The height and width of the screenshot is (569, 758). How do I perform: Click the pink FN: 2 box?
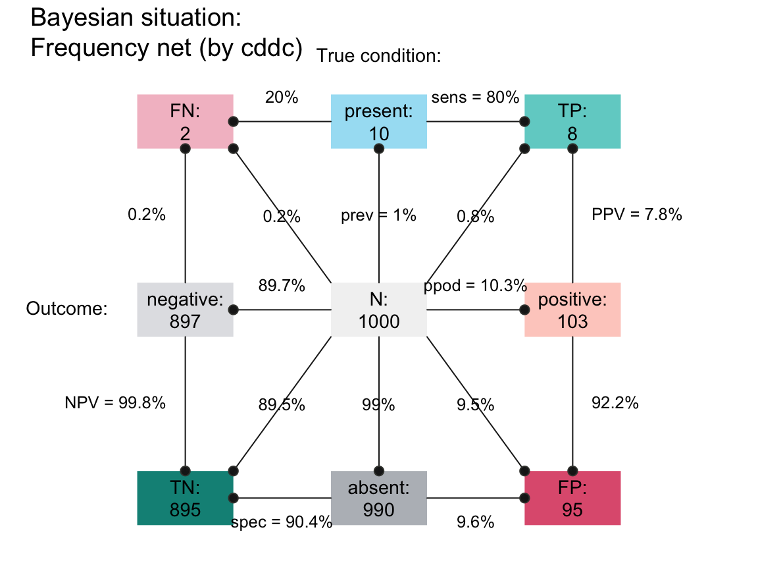pyautogui.click(x=185, y=122)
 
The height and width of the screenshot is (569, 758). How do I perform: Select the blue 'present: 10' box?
pyautogui.click(x=379, y=122)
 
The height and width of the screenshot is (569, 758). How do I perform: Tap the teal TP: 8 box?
pyautogui.click(x=572, y=122)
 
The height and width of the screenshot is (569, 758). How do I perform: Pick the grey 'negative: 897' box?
pyautogui.click(x=185, y=310)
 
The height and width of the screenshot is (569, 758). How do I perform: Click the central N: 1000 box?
pyautogui.click(x=379, y=310)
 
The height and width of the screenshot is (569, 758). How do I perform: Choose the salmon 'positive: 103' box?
pyautogui.click(x=572, y=310)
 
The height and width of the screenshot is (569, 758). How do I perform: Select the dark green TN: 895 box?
pyautogui.click(x=185, y=498)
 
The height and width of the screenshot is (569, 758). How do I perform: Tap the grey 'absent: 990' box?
pyautogui.click(x=379, y=498)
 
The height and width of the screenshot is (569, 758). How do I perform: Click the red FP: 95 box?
pyautogui.click(x=572, y=498)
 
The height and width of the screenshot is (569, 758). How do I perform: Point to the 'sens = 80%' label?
pyautogui.click(x=475, y=97)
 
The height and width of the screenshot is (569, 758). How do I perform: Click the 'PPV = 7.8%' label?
pyautogui.click(x=637, y=215)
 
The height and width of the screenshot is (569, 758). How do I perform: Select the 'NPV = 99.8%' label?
pyautogui.click(x=115, y=403)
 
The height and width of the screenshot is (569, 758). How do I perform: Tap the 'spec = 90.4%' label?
pyautogui.click(x=282, y=523)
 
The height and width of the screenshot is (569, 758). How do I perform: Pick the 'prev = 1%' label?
pyautogui.click(x=378, y=215)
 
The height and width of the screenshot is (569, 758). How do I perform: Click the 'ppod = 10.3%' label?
pyautogui.click(x=475, y=286)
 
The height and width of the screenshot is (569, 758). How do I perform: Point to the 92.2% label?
pyautogui.click(x=615, y=403)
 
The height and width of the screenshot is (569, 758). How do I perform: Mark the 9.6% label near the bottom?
pyautogui.click(x=475, y=523)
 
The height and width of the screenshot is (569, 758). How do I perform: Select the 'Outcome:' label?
pyautogui.click(x=66, y=309)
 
